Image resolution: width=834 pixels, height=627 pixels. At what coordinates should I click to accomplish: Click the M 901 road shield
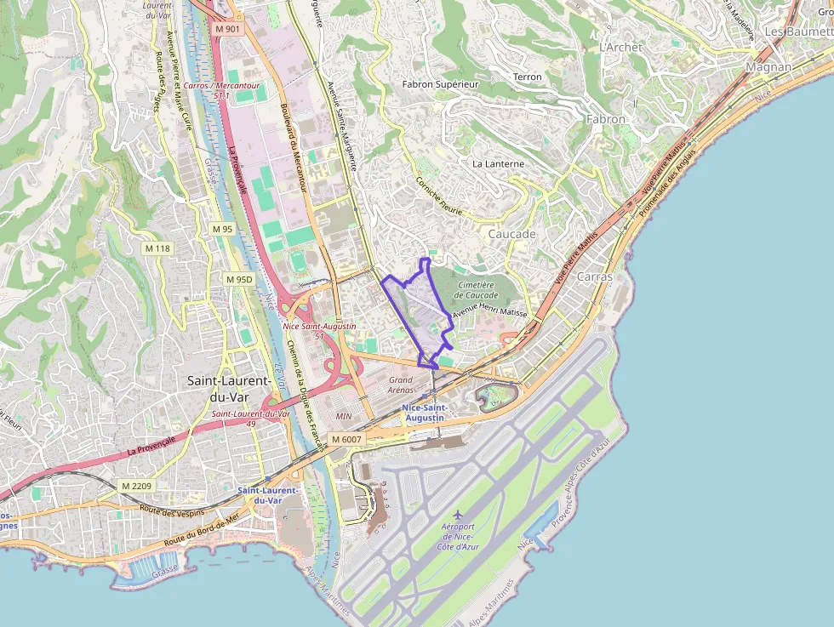[x=227, y=29]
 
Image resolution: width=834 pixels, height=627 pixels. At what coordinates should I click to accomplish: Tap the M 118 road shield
[x=157, y=248]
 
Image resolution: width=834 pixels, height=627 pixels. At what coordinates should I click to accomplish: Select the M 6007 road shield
[x=346, y=439]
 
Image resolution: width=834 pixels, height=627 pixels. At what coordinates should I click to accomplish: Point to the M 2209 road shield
[x=135, y=486]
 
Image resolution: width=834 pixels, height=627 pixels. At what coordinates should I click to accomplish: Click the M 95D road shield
[x=239, y=279]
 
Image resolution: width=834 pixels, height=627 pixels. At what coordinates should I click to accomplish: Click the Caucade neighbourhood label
[x=511, y=234]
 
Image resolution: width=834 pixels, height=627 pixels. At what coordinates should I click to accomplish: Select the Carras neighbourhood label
[x=595, y=276]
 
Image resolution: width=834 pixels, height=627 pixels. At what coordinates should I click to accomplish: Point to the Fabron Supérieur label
[x=441, y=84]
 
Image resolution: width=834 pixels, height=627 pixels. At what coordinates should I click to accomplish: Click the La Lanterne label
[x=498, y=163]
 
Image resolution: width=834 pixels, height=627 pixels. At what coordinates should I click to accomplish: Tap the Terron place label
[x=527, y=77]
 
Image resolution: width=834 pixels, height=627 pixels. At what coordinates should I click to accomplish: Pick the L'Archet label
[x=620, y=48]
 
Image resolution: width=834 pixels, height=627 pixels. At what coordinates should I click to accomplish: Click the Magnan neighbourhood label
[x=768, y=66]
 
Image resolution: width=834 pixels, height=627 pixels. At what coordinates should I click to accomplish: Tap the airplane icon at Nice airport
[x=459, y=515]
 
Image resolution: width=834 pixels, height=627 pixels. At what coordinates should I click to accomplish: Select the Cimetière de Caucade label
[x=476, y=290]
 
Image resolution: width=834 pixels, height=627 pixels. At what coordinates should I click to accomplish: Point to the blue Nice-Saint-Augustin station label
[x=424, y=413]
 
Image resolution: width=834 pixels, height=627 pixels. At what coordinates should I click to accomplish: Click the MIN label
[x=344, y=416]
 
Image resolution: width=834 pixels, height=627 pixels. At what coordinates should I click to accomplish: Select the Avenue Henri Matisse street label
[x=489, y=313]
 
